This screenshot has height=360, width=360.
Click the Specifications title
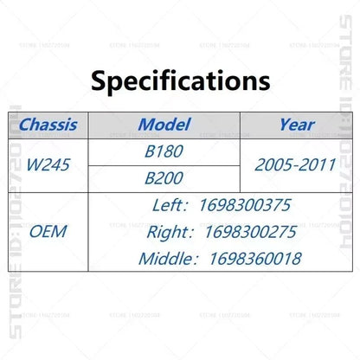click(x=181, y=81)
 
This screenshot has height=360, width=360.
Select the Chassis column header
click(x=48, y=125)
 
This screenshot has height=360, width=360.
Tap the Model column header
click(x=164, y=125)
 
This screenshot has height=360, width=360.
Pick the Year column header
click(x=297, y=125)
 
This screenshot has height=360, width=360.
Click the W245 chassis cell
click(x=48, y=164)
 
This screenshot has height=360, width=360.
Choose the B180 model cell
click(x=164, y=151)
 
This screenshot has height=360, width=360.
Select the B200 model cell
click(x=164, y=178)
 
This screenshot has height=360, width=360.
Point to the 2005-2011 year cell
click(x=295, y=164)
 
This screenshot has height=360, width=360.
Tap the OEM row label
click(x=48, y=232)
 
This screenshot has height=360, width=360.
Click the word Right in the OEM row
click(x=170, y=233)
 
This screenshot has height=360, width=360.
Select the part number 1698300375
click(x=245, y=205)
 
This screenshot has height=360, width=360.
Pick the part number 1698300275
click(x=251, y=232)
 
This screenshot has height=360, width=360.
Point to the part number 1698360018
click(x=255, y=259)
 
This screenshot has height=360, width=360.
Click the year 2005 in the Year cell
click(x=273, y=164)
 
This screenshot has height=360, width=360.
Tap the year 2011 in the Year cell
click(x=317, y=164)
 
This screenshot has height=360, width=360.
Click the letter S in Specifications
click(x=99, y=81)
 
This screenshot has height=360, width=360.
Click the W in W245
click(x=35, y=164)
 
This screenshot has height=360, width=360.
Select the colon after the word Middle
click(x=196, y=260)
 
